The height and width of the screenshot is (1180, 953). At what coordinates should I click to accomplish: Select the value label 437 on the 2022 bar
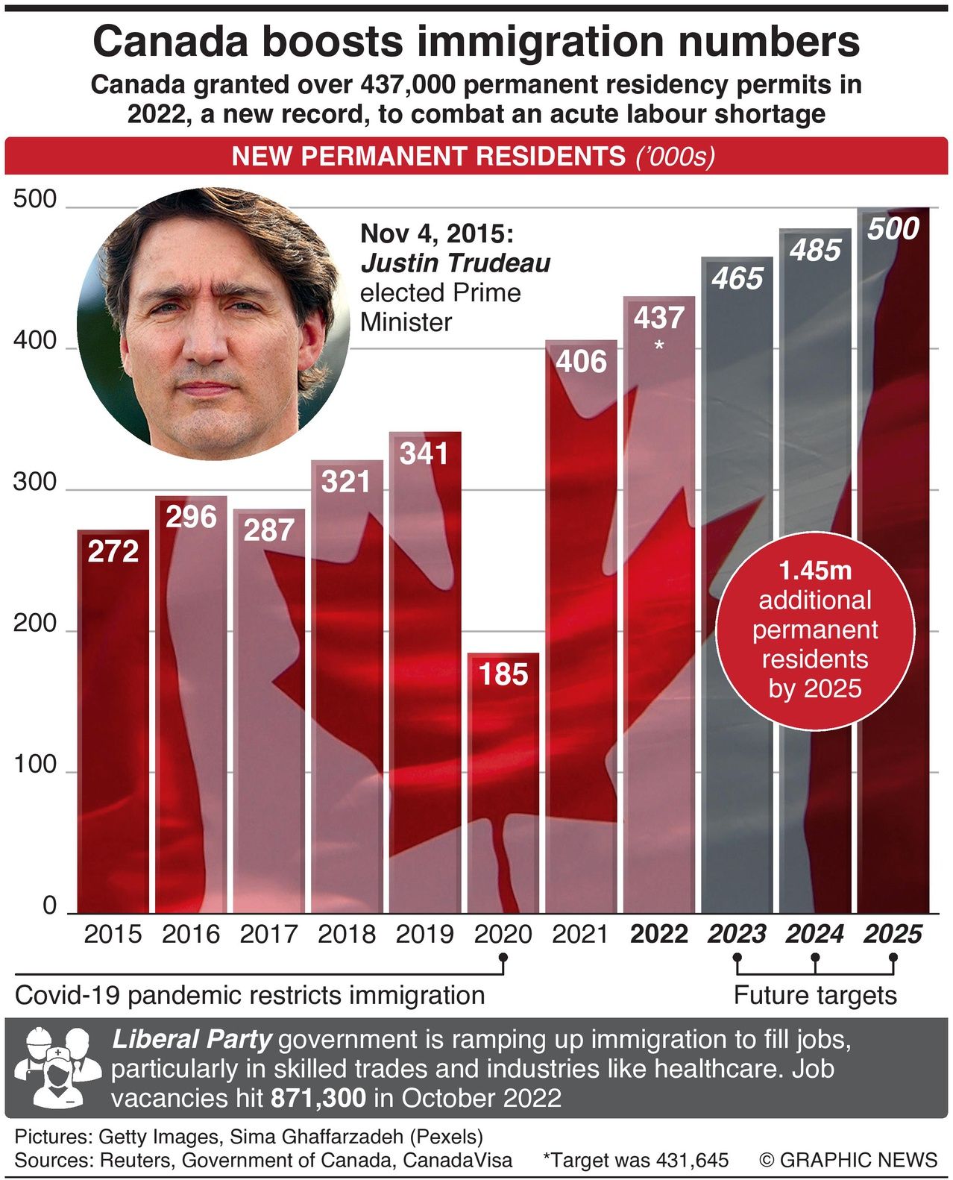coord(658,318)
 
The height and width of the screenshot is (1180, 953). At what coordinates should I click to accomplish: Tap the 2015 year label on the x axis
coord(113,934)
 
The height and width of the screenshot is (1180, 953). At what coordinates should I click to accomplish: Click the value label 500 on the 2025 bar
coord(893,229)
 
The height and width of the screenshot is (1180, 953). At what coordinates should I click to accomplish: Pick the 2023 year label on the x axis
coord(737,934)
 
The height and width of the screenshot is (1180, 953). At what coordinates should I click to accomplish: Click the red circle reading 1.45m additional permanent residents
coord(814,630)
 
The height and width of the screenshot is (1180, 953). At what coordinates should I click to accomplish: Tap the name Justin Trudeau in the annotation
coord(455,263)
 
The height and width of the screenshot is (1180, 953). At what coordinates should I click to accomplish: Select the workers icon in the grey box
coord(57,1067)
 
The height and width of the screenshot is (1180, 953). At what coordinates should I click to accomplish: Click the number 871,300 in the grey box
coord(318,1098)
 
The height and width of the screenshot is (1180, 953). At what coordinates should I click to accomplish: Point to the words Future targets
coord(814,995)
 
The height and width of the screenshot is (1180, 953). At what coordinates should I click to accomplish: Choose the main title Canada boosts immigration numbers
coord(476,42)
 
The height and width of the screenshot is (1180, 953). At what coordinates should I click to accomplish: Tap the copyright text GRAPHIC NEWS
coord(849,1160)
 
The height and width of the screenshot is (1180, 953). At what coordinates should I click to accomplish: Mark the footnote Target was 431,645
coord(636,1160)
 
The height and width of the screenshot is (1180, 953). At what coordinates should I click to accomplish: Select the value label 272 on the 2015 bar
coord(113,551)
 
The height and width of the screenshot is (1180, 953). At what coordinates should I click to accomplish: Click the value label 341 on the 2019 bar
coord(424,454)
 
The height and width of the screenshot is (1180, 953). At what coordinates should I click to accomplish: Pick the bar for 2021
coord(581,634)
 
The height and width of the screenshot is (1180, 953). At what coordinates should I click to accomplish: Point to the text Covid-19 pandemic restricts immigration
coord(250,995)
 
